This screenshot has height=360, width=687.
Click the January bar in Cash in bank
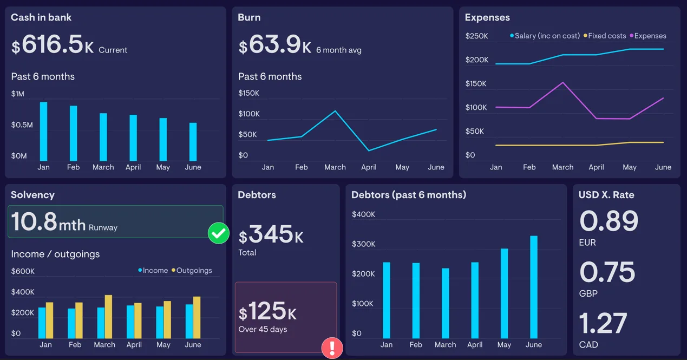point(43,131)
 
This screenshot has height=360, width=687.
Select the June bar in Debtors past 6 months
point(534,287)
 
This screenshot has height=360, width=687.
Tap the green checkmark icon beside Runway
point(218,233)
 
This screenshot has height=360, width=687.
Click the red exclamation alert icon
point(332,348)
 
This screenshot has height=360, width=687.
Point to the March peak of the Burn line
point(335,111)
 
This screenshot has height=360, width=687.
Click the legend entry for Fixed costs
point(605,36)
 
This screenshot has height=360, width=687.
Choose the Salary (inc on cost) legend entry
point(545,36)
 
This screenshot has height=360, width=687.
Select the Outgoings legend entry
point(192,271)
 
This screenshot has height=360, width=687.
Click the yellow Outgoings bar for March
point(108,317)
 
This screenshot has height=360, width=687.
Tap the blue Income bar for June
point(189,322)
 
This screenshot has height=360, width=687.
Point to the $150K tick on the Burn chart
point(248,93)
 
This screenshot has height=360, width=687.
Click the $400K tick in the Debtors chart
point(363,214)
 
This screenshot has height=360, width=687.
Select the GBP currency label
point(588,293)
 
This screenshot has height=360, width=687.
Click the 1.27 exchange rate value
point(603,323)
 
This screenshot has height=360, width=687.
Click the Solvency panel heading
point(33,195)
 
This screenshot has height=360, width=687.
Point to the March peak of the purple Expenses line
point(563,82)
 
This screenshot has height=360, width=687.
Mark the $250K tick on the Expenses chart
point(476,36)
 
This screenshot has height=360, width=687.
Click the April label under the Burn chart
point(369,167)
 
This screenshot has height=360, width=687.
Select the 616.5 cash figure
point(53,44)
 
